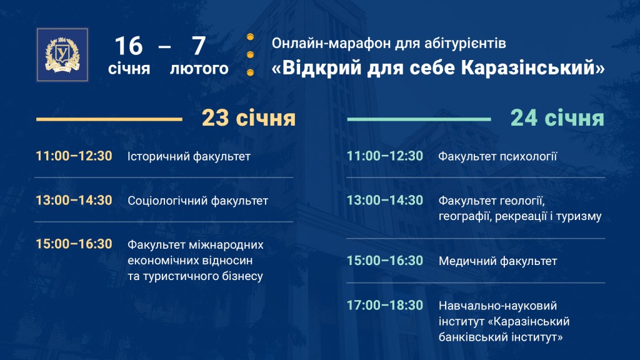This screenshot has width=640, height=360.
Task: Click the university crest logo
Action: click(62, 55)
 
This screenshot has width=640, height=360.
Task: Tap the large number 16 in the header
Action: click(129, 46)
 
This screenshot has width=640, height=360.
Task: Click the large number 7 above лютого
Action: click(199, 46)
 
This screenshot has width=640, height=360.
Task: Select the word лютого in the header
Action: click(199, 69)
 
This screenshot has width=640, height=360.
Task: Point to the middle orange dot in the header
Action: click(250, 55)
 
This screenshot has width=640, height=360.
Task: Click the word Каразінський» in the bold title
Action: click(533, 67)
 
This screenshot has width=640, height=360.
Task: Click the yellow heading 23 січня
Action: click(249, 118)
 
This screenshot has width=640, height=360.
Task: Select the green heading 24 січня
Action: click(557, 118)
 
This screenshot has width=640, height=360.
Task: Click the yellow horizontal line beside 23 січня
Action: click(109, 119)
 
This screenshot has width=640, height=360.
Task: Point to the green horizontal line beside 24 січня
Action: click(419, 119)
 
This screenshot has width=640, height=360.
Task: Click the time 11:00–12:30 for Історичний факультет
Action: click(74, 156)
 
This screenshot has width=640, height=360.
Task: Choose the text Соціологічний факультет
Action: click(198, 201)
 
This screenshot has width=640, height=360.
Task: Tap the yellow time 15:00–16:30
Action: click(74, 244)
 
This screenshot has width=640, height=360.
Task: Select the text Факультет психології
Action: click(497, 156)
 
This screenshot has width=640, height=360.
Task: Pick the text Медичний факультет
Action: click(498, 261)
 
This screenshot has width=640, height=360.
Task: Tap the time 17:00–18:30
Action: click(385, 305)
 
